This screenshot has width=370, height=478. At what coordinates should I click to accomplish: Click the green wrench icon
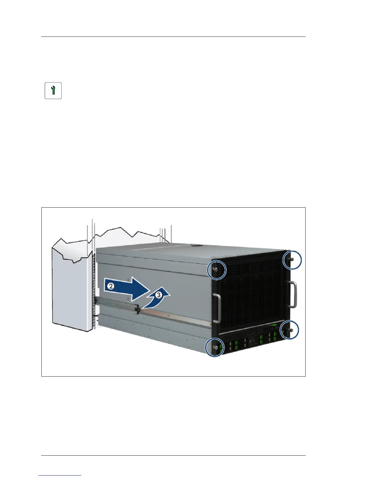tap(53, 91)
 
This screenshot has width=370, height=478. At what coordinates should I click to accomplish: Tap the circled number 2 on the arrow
tap(111, 286)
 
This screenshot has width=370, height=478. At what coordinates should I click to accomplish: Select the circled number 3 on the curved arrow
tap(159, 295)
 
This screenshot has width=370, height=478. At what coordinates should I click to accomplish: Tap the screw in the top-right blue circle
tap(291, 259)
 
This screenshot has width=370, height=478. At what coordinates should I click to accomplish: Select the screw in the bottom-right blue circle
tap(290, 330)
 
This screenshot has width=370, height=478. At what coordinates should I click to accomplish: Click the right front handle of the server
tap(293, 294)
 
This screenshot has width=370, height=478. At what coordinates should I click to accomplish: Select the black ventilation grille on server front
tap(251, 290)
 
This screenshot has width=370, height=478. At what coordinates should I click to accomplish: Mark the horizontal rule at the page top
tap(173, 37)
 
